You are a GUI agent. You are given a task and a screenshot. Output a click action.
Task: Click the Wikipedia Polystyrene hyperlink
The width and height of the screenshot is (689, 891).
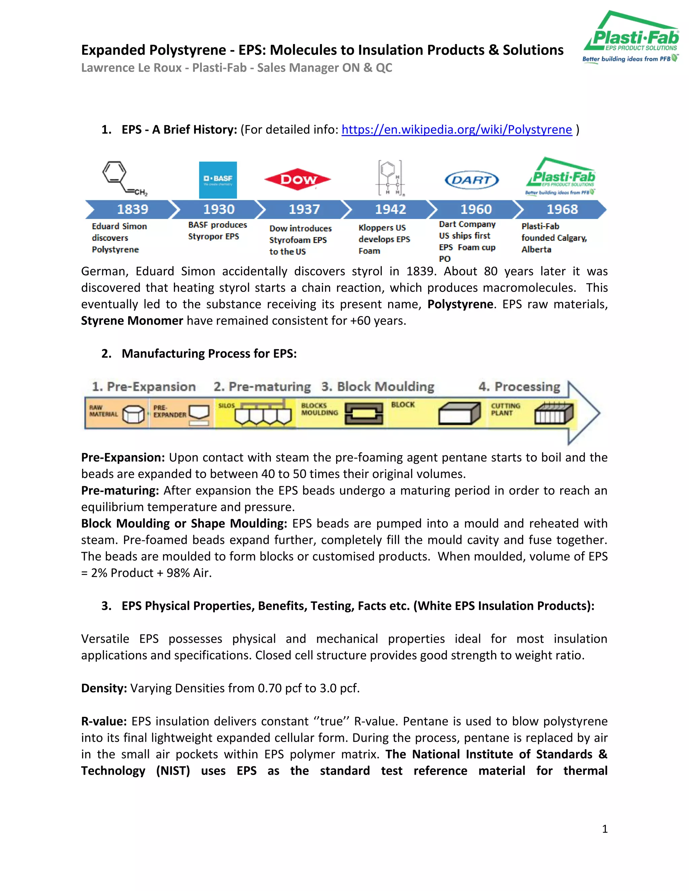456,130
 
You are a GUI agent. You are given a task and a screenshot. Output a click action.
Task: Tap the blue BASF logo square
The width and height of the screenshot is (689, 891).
218,180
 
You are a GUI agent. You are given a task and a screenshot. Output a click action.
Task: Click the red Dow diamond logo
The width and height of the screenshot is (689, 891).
297,179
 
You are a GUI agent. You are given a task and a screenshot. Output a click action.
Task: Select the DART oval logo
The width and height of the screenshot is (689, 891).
471,180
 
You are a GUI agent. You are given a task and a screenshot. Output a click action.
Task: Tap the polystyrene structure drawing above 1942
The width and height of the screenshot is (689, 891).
389,178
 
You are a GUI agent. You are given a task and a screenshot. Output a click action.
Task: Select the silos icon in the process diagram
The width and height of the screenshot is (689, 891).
262,413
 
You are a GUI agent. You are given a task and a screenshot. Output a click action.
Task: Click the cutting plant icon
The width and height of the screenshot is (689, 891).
554,413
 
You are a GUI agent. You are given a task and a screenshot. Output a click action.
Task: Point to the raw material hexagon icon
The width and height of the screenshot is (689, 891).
133,415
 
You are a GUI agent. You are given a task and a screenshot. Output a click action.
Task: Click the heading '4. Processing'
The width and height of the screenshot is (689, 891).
519,386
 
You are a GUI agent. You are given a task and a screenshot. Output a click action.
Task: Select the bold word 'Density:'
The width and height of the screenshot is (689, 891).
104,688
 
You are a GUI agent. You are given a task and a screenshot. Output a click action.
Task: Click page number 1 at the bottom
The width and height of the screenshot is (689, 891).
605,828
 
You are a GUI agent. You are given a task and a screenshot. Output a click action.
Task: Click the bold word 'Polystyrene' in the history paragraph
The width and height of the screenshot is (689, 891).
460,304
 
